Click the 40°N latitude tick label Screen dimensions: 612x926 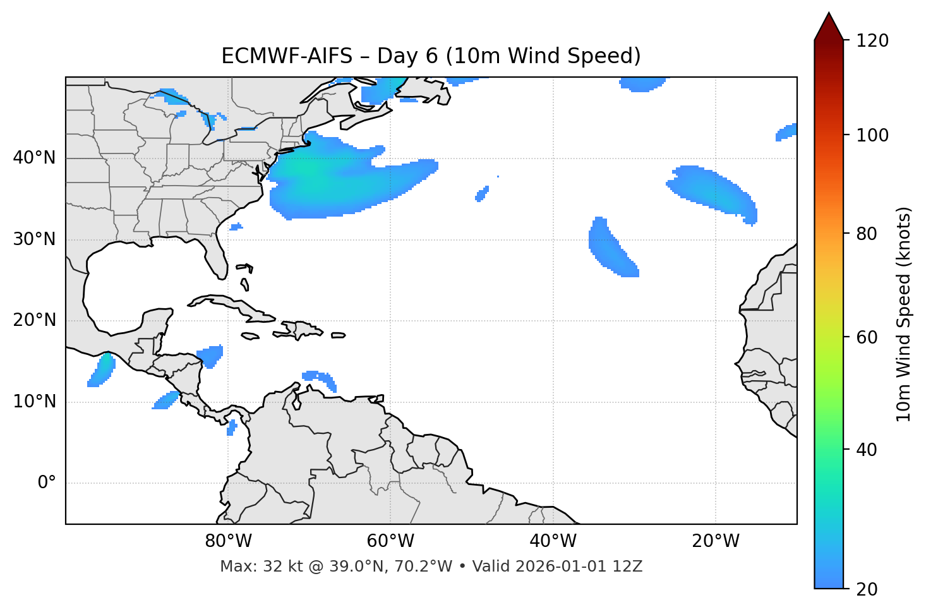coord(34,158)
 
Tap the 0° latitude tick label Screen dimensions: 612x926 coord(47,483)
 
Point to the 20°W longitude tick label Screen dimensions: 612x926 coord(716,541)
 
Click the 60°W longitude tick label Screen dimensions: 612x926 coord(390,541)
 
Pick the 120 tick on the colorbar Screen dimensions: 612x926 coord(872,40)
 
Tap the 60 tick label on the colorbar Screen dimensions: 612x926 coord(867,337)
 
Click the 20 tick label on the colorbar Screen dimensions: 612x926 coord(867,589)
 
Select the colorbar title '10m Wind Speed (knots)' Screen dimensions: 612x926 coord(904,314)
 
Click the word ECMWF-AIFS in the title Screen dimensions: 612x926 coord(287,56)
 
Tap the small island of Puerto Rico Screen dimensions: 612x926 coord(338,335)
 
